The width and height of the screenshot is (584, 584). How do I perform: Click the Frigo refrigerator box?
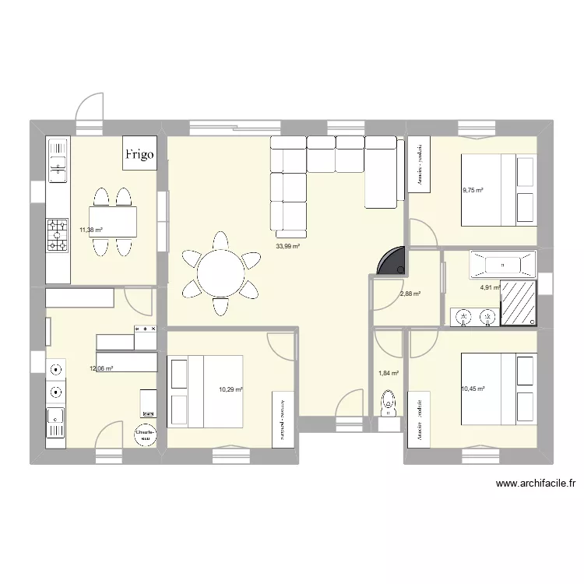click(142, 153)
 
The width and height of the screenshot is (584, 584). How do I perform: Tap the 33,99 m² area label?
click(287, 246)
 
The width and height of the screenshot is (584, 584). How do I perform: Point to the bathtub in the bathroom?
click(502, 265)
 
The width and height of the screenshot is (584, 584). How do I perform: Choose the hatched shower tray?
click(517, 302)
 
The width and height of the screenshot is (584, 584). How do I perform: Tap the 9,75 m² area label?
click(473, 190)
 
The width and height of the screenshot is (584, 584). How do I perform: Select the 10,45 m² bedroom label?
click(473, 389)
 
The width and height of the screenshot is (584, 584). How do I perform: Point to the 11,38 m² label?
click(91, 230)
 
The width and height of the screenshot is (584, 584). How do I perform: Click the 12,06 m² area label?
click(102, 369)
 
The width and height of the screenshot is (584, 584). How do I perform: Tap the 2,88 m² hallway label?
click(410, 294)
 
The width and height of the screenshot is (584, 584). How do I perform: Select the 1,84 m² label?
click(388, 374)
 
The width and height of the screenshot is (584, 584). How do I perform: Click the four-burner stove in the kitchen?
click(58, 234)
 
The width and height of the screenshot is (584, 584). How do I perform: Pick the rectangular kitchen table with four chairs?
click(113, 220)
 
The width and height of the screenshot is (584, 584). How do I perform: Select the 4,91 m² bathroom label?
click(489, 287)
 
